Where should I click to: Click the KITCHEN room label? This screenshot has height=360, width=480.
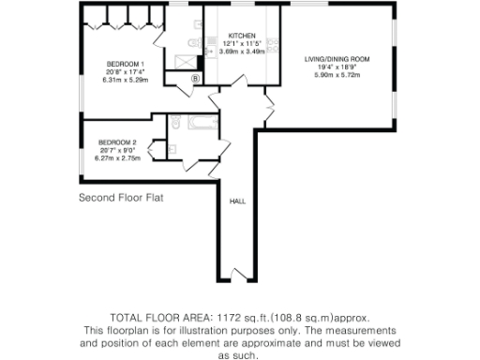coord(231,36)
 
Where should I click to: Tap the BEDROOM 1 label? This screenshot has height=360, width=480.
coord(124,65)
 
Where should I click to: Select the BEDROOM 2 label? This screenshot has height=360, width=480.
coord(117,142)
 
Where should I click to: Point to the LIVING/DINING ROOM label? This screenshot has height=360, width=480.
coord(337,60)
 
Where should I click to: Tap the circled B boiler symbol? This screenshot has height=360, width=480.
coord(195,79)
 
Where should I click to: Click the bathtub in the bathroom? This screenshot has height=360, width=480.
coord(200,123)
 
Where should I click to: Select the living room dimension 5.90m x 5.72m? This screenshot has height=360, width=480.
coord(337,76)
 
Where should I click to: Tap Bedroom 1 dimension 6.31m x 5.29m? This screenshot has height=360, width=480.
coord(124,81)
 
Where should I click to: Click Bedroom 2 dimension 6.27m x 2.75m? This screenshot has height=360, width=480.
coord(117,158)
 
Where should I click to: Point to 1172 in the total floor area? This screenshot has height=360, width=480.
coord(231,316)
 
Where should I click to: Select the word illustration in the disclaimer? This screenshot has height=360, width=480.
coord(215,330)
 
